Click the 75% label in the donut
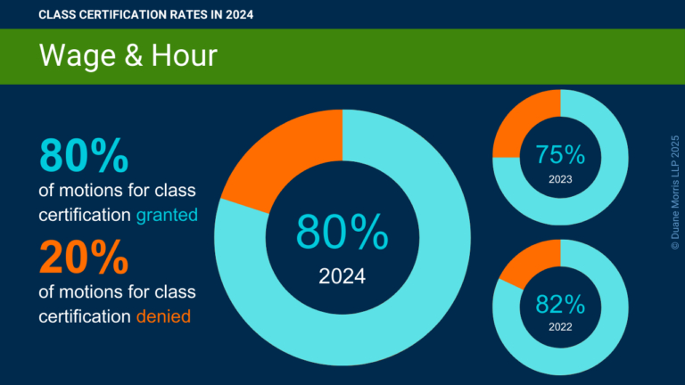560,154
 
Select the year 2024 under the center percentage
342,276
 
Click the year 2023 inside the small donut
560,180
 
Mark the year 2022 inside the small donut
560,327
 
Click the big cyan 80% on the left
84,155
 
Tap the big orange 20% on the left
84,258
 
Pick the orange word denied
162,315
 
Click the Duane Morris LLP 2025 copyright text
673,192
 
